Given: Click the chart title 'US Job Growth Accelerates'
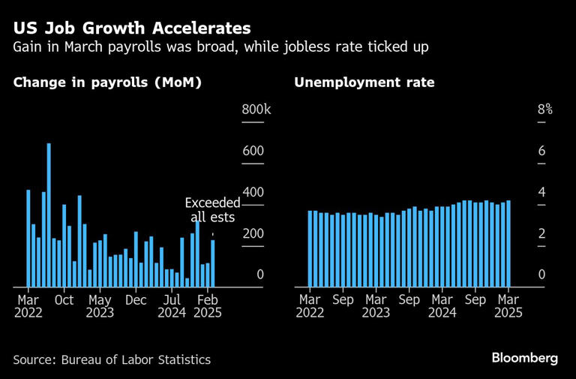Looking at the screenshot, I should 131,29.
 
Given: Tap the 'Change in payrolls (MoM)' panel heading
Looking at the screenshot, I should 107,83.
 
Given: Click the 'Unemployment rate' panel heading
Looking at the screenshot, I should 364,83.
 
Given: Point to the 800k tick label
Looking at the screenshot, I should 256,110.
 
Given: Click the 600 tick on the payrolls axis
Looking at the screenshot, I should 253,152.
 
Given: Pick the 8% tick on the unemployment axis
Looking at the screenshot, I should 544,110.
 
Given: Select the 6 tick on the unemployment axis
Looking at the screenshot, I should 541,152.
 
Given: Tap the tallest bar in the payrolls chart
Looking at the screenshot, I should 49,215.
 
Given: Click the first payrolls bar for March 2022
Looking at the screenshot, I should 28,238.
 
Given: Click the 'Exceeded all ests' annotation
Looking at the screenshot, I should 212,210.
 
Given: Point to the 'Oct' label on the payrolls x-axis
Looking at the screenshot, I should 64,299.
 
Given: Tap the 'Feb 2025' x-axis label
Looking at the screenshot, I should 208,306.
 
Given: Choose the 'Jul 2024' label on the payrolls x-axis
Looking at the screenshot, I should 172,306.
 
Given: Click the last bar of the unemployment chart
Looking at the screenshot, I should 508,243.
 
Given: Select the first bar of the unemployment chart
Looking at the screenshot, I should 310,248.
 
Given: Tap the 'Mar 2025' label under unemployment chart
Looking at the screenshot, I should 508,306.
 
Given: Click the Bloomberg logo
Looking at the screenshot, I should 524,358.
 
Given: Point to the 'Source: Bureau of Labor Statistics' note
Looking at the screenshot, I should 112,359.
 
